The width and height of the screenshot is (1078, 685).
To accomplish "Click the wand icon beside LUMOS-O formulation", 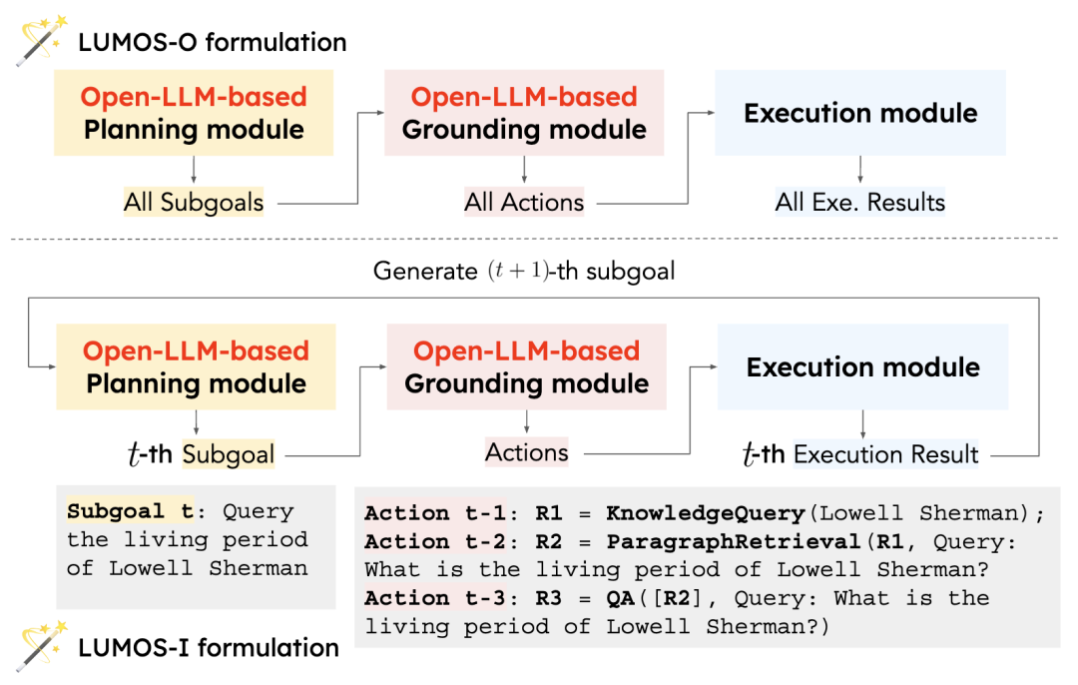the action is [41, 40].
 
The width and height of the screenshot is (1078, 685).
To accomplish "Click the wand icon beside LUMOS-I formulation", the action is [41, 646].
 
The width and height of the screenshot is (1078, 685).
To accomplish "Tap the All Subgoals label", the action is [194, 202].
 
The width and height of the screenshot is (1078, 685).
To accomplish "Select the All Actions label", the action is [524, 202].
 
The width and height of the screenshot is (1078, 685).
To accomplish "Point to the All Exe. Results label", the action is [860, 202].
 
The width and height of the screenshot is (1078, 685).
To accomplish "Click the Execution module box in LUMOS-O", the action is [860, 113].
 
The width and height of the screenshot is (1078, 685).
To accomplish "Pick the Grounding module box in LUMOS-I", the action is [527, 366].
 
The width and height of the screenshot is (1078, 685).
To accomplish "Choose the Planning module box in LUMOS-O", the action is [194, 113].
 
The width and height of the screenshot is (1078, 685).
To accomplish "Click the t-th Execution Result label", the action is [860, 454].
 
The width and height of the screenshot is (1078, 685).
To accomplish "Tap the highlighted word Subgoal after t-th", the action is [229, 454].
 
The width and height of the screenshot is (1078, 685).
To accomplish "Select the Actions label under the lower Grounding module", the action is [527, 452].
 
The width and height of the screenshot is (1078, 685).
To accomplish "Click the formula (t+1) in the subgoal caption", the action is [518, 271].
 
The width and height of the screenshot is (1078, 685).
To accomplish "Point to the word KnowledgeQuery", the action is [706, 513].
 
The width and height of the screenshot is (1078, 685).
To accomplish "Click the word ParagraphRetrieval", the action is [734, 542].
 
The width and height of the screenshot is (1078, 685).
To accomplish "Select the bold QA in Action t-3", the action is [620, 598].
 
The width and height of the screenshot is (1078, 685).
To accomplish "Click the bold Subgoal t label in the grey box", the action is [131, 511].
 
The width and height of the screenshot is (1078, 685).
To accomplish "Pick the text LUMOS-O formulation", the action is [213, 42].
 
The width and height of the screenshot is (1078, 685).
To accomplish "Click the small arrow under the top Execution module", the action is [860, 170].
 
